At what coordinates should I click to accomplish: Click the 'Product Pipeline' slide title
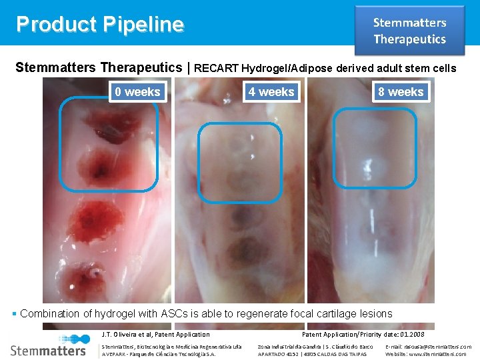100,24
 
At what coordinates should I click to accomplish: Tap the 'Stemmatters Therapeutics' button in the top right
409,31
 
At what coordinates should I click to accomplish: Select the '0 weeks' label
137,92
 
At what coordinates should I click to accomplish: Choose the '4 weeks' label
271,92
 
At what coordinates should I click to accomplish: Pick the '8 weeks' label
401,92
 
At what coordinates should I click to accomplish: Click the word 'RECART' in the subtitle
217,68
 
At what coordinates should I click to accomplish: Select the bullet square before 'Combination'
15,313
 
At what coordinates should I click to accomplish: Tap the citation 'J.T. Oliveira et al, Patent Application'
155,335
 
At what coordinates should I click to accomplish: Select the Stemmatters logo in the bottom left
48,349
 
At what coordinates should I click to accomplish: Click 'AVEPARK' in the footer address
113,354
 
